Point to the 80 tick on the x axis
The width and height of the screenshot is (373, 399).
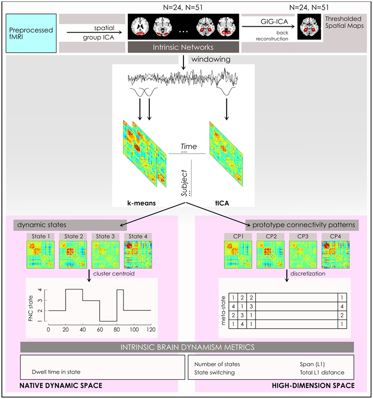pos(116,330)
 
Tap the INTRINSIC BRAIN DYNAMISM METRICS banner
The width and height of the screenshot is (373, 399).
pos(187,347)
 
